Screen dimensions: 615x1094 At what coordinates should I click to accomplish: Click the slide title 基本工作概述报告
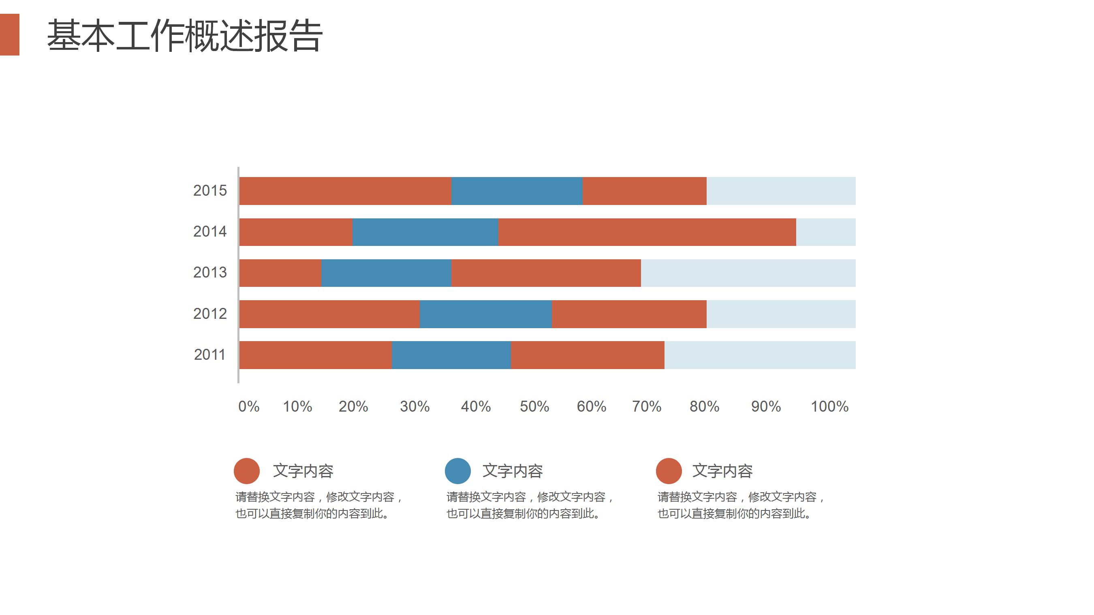(184, 36)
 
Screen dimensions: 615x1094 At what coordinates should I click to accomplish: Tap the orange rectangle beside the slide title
(9, 34)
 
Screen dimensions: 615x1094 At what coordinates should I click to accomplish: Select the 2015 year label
(210, 191)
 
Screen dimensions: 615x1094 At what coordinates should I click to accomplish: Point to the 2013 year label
(210, 272)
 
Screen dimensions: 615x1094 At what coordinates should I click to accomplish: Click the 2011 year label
(209, 354)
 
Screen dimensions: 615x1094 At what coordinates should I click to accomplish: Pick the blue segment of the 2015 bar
(517, 191)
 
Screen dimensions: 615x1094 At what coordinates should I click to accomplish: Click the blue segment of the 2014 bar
(425, 232)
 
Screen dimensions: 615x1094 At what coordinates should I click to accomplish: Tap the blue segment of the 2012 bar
(485, 314)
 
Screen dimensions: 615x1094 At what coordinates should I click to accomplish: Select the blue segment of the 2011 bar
(451, 354)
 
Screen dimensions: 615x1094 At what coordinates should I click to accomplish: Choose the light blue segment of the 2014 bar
(826, 232)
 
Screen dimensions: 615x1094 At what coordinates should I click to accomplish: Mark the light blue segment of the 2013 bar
(748, 273)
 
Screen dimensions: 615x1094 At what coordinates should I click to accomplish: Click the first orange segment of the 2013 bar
(280, 273)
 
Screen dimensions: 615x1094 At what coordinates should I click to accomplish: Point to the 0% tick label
(249, 406)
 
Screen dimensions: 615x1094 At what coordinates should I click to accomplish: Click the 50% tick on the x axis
(534, 406)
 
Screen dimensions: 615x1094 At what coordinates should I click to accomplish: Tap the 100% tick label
(829, 406)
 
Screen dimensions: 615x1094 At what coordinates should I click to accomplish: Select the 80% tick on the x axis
(704, 406)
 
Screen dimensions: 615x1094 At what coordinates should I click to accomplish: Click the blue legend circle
(457, 471)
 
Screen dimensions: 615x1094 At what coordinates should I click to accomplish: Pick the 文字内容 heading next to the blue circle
(513, 471)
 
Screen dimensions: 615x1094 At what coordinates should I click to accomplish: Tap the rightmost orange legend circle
(669, 471)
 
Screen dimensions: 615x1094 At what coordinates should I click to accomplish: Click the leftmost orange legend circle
(247, 471)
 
